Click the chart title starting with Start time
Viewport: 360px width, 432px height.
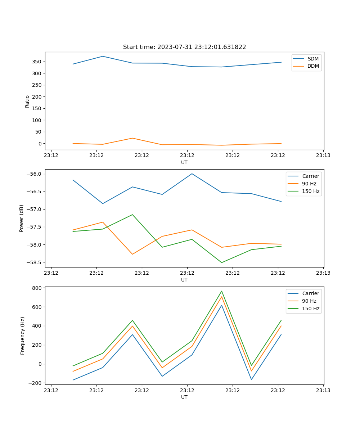[x=184, y=47]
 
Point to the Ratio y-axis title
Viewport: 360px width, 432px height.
[x=27, y=101]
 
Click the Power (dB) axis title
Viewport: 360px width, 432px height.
[x=22, y=218]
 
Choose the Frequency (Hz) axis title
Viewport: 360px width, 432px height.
[x=23, y=336]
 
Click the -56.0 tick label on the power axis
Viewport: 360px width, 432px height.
[x=35, y=174]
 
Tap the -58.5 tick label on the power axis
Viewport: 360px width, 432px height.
[x=35, y=262]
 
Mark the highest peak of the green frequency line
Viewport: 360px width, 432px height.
[x=222, y=291]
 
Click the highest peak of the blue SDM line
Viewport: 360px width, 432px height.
[x=103, y=56]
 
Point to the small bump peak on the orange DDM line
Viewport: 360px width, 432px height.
[x=132, y=138]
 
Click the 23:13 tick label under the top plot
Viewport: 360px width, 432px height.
[x=323, y=156]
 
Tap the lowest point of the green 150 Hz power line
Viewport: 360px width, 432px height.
[x=222, y=262]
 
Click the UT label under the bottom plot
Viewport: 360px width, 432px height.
[x=184, y=397]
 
